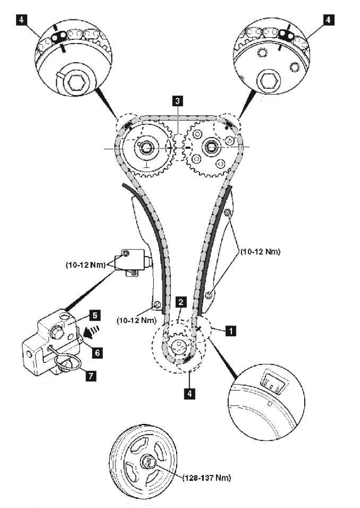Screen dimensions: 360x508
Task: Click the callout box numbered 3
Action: tap(177, 101)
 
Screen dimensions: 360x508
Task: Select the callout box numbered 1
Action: tap(231, 331)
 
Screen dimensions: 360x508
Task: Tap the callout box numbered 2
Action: tap(181, 302)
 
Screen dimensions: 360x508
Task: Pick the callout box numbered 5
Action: tap(94, 315)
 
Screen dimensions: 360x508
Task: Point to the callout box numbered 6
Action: tap(98, 352)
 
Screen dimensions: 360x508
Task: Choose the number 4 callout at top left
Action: tap(21, 20)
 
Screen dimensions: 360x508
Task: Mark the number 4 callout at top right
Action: tap(328, 20)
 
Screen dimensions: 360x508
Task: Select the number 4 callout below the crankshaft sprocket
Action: tap(190, 393)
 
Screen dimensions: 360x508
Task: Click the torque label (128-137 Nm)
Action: tap(207, 477)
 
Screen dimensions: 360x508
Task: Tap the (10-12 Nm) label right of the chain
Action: tap(260, 251)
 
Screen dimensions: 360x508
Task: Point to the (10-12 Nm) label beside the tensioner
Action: tap(86, 265)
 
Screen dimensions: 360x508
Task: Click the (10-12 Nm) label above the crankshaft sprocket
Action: tap(136, 320)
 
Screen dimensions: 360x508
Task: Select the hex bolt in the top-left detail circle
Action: tap(77, 82)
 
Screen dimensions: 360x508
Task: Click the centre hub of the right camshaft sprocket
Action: tap(211, 147)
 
